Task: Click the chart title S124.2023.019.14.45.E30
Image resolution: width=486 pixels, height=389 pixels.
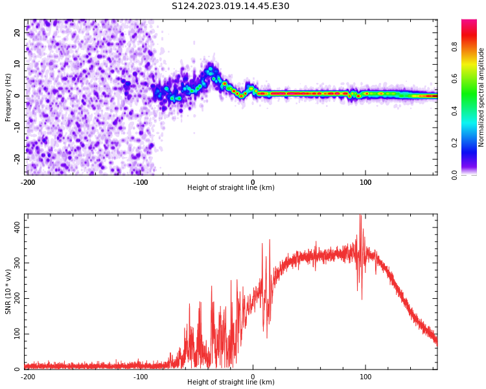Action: pos(231,6)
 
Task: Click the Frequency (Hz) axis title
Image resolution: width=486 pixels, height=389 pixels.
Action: pos(8,97)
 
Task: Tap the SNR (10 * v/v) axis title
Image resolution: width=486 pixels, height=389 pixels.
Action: pos(8,292)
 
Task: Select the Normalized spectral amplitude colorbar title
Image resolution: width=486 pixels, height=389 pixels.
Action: pos(481,97)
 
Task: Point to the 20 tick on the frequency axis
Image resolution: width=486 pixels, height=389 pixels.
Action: pos(18,33)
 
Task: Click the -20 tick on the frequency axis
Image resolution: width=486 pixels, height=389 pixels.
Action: pos(18,158)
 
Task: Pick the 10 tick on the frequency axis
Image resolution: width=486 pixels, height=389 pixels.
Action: pos(18,64)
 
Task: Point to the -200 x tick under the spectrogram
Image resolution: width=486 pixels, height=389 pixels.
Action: pos(28,182)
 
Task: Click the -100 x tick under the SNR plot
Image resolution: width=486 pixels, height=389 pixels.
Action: pos(141,377)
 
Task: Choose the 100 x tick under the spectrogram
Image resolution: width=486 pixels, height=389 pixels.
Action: pos(365,182)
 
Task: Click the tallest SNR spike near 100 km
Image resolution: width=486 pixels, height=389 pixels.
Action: pos(360,217)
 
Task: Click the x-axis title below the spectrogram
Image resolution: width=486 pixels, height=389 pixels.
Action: pos(231,188)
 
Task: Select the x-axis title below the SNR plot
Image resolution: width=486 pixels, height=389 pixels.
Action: pos(231,383)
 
